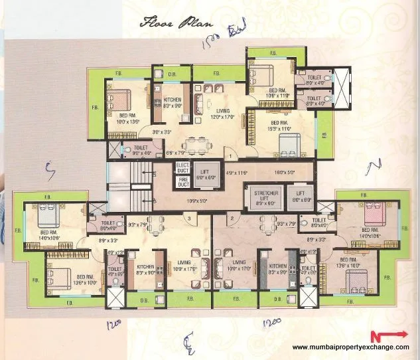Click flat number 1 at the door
pos(230,156)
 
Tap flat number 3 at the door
pos(189,218)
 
